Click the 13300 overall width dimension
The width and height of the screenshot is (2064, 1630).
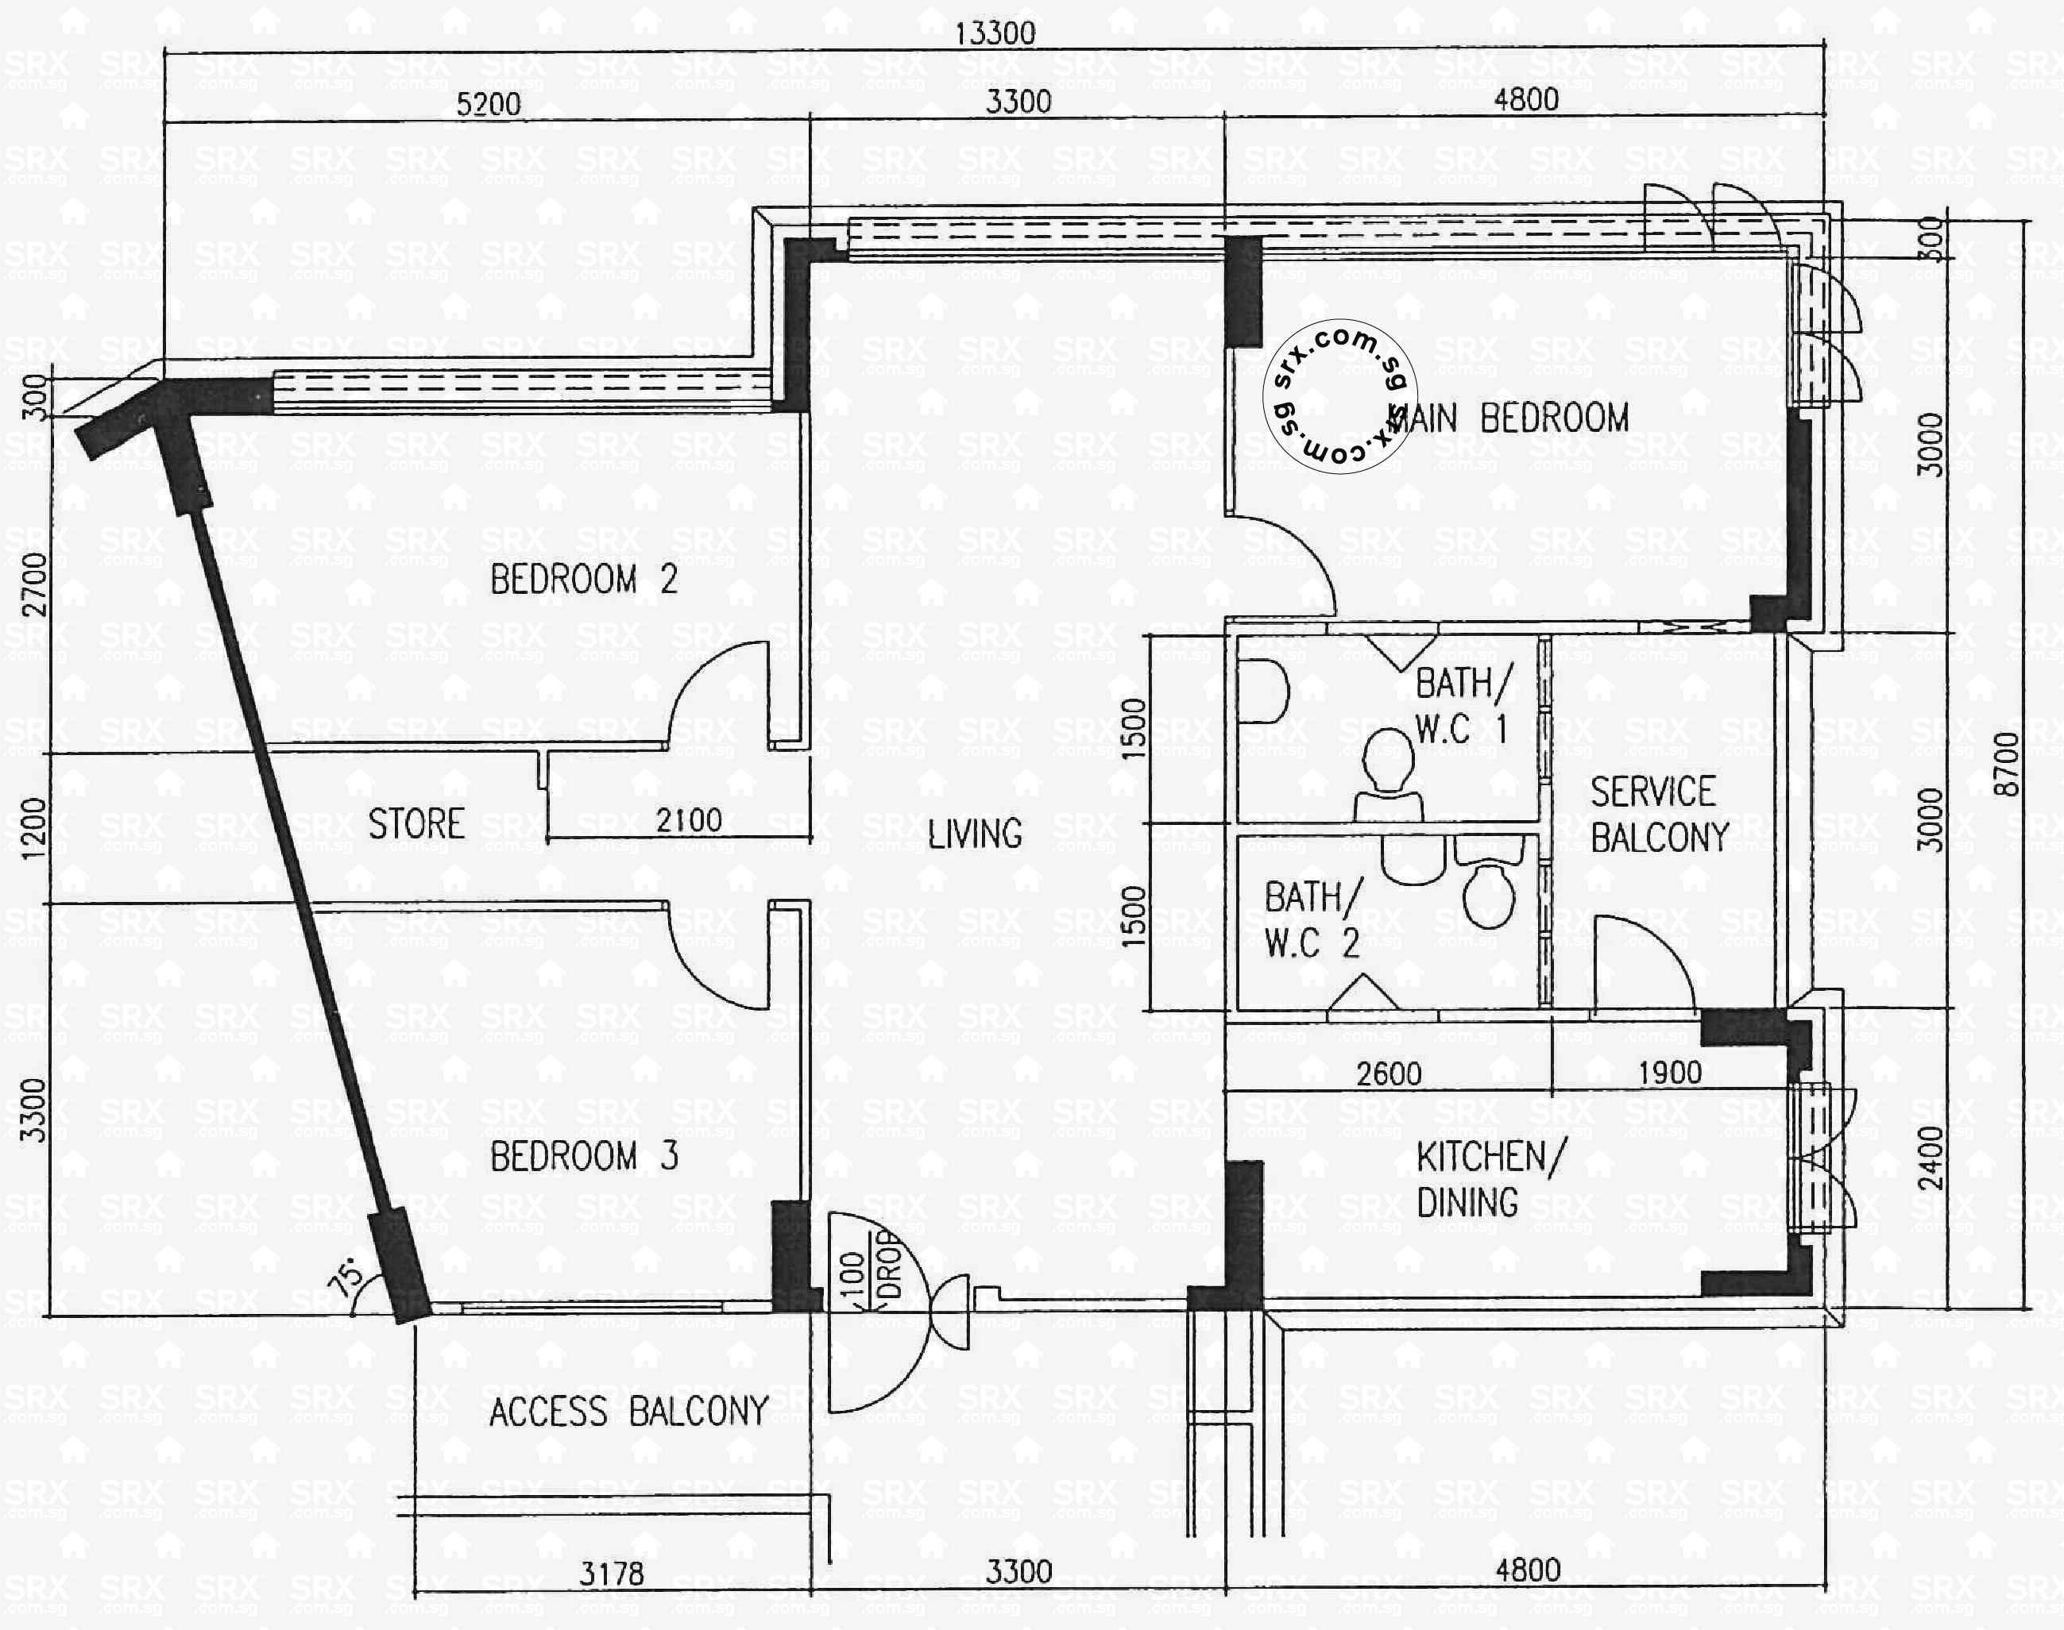pyautogui.click(x=995, y=33)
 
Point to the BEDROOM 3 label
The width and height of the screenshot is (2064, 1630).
pyautogui.click(x=583, y=1156)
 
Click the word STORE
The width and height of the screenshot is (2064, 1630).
pyautogui.click(x=416, y=823)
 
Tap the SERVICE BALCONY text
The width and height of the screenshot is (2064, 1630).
pyautogui.click(x=1658, y=814)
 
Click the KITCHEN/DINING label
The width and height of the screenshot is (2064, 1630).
pyautogui.click(x=1490, y=1180)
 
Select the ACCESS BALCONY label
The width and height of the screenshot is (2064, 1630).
pyautogui.click(x=628, y=1412)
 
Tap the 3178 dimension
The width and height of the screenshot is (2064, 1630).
pyautogui.click(x=611, y=1574)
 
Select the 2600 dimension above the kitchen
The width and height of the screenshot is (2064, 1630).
pyautogui.click(x=1389, y=1073)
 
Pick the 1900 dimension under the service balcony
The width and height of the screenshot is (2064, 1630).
pyautogui.click(x=1670, y=1073)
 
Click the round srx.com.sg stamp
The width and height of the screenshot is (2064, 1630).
pyautogui.click(x=1339, y=396)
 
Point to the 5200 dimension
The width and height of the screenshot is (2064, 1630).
pyautogui.click(x=488, y=103)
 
